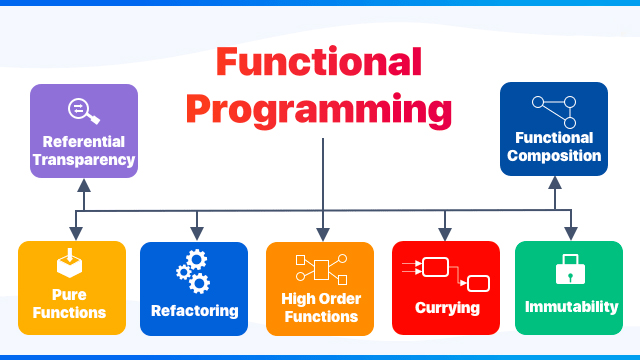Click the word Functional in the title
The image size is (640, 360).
pyautogui.click(x=318, y=63)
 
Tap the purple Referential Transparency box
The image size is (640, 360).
pyautogui.click(x=83, y=131)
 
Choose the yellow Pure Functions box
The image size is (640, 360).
pyautogui.click(x=72, y=287)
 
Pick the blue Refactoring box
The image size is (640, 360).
pyautogui.click(x=194, y=287)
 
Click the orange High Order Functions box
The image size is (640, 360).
pyautogui.click(x=320, y=287)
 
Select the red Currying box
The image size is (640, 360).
pyautogui.click(x=446, y=287)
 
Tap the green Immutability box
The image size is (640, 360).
pyautogui.click(x=569, y=287)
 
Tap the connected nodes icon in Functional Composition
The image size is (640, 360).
pyautogui.click(x=553, y=108)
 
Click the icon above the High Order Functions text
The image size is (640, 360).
pyautogui.click(x=320, y=267)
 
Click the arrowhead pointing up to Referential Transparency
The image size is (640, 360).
pyautogui.click(x=84, y=185)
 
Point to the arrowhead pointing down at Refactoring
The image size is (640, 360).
pyautogui.click(x=195, y=234)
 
